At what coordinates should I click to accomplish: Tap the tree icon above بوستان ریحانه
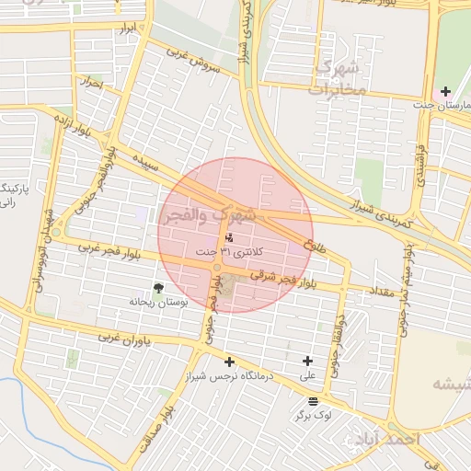(157, 288)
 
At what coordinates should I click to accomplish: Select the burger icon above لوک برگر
(314, 401)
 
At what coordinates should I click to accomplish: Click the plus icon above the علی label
(307, 362)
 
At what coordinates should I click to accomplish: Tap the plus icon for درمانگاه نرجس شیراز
(229, 362)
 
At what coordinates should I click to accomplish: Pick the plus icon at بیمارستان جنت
(445, 91)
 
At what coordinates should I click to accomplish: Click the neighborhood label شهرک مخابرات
(339, 78)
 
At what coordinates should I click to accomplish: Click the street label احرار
(91, 83)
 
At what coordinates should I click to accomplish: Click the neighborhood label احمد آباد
(397, 439)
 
